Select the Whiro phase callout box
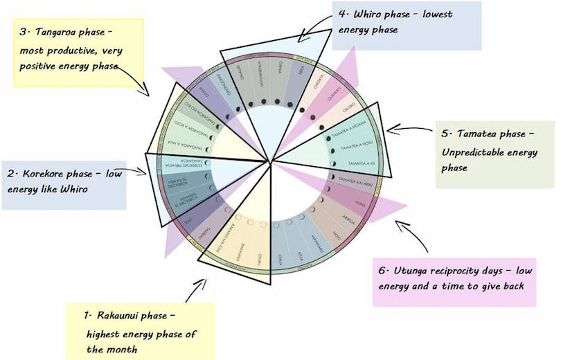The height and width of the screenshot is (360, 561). click(407, 25)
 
